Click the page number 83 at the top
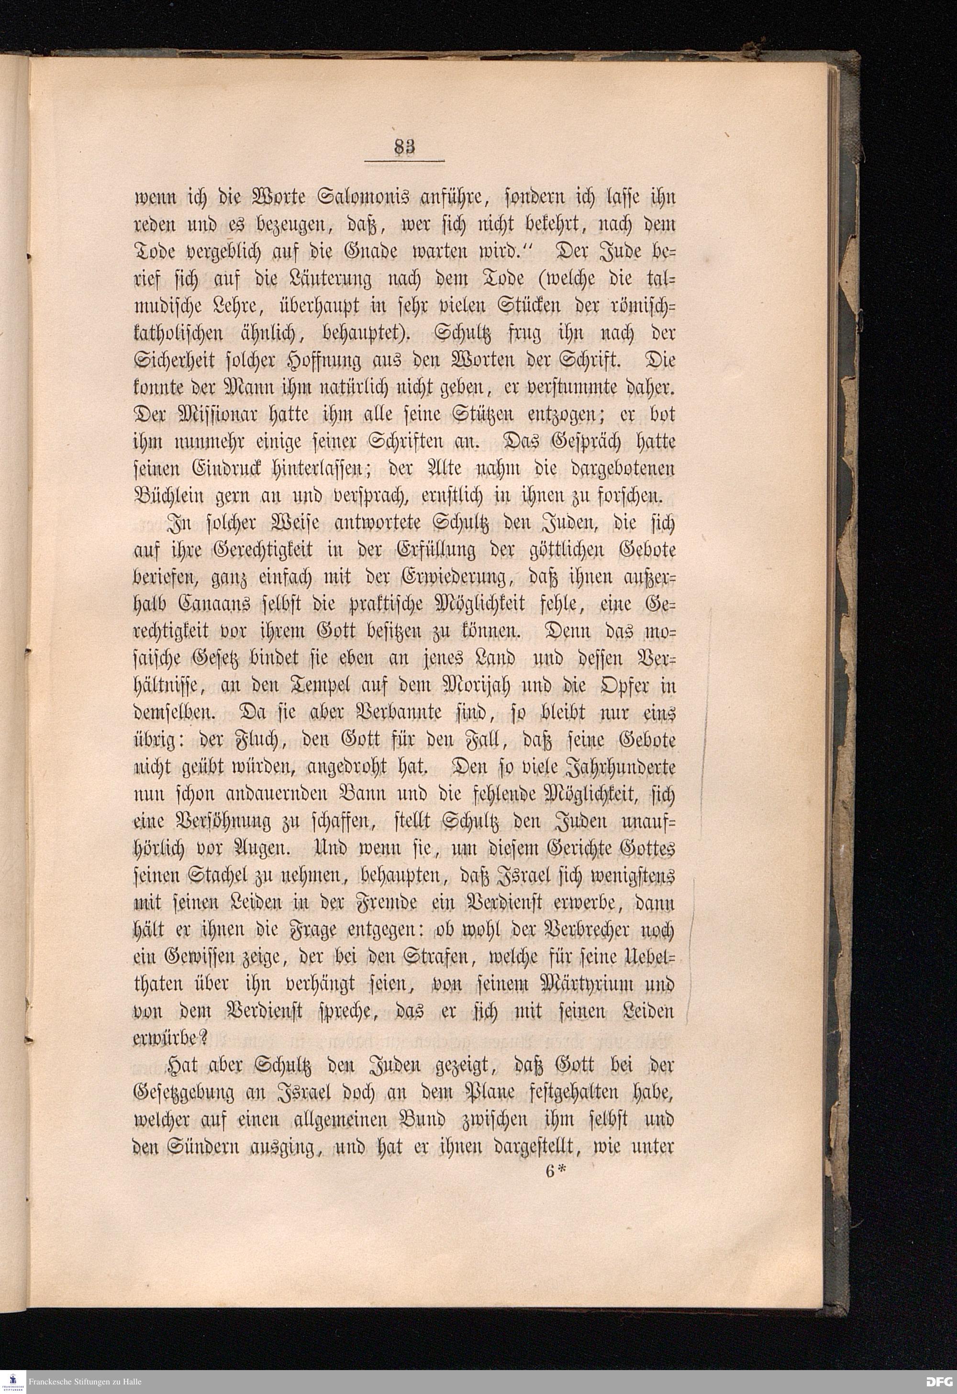pos(404,147)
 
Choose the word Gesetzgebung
pos(185,1093)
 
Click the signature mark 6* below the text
pos(556,1172)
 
